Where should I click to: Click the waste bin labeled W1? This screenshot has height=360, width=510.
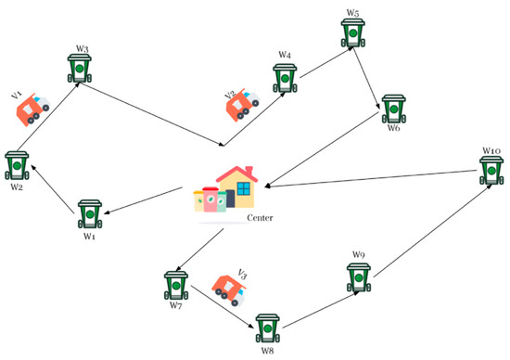[x=90, y=214]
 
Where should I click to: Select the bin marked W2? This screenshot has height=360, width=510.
[x=16, y=164]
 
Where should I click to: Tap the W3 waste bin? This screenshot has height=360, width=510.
[x=81, y=70]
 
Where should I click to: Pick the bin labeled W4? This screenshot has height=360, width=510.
[x=284, y=79]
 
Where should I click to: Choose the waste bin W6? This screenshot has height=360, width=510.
[x=394, y=109]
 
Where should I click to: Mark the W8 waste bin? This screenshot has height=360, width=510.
[x=268, y=329]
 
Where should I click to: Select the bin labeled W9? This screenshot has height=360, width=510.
[x=359, y=277]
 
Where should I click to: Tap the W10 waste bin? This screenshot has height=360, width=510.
[x=491, y=172]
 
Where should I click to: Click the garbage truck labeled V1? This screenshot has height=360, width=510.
[x=34, y=110]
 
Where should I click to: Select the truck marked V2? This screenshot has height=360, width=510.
[x=242, y=104]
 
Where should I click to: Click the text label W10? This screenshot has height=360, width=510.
[x=491, y=150]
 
